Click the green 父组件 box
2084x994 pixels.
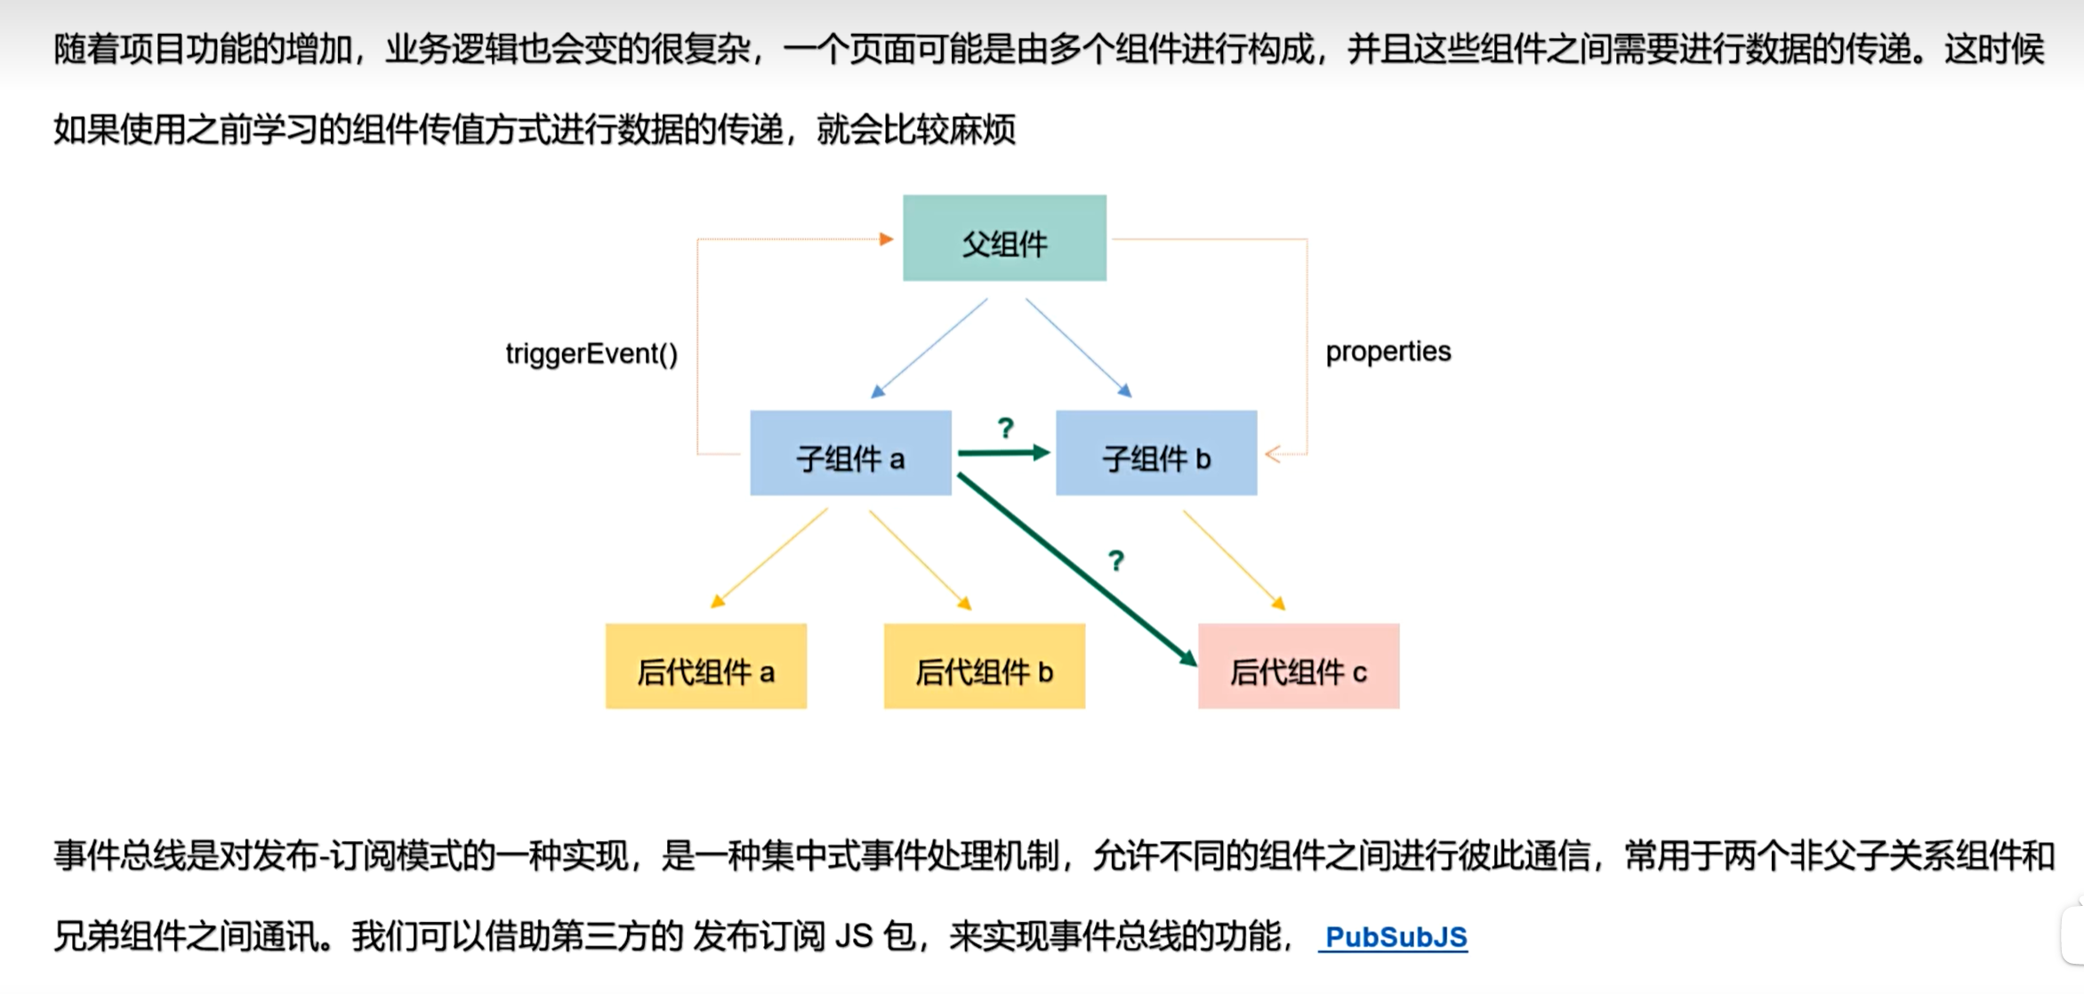(x=1004, y=238)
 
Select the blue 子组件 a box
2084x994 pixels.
(x=850, y=453)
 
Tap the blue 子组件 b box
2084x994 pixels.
(x=1156, y=453)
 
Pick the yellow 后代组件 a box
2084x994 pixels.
(x=706, y=667)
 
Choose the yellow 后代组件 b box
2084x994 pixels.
(x=984, y=667)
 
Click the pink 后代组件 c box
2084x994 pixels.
(x=1299, y=667)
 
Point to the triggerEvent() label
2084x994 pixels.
(x=591, y=354)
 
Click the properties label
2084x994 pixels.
(x=1388, y=352)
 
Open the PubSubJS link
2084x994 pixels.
(x=1396, y=936)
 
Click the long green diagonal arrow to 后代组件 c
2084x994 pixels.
(x=1076, y=569)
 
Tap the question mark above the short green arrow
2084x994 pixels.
(x=1006, y=429)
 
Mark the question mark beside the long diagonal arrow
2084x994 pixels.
(x=1116, y=561)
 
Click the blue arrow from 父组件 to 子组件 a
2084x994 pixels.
(x=929, y=349)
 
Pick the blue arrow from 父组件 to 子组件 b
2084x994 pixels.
(x=1078, y=348)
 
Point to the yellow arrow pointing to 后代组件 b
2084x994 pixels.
(x=920, y=559)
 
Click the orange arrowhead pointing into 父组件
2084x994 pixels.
(x=886, y=239)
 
